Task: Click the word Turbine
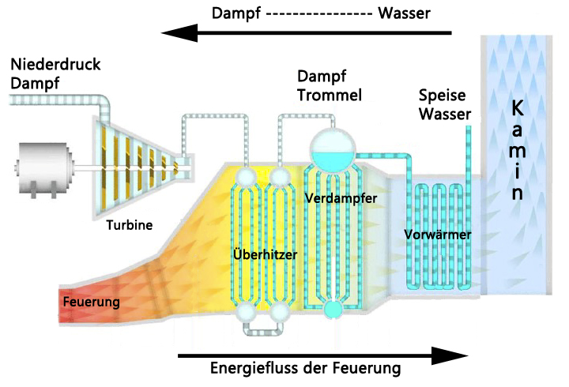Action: click(x=130, y=225)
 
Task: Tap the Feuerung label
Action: click(x=91, y=302)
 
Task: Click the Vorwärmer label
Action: click(x=438, y=235)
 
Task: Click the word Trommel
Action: click(x=330, y=96)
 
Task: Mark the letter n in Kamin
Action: click(x=517, y=193)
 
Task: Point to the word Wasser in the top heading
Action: click(x=405, y=13)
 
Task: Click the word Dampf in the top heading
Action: click(x=237, y=13)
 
